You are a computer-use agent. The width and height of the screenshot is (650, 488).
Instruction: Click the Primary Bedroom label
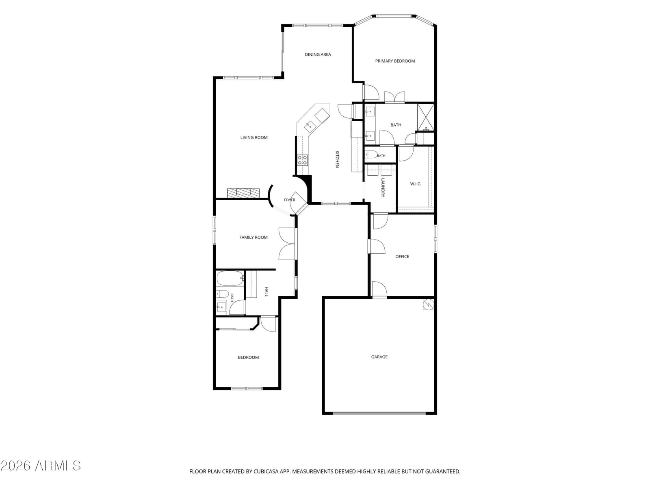pos(395,61)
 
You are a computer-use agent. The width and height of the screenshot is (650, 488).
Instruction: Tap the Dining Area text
pos(318,54)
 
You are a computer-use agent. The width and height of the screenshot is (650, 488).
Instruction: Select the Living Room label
pos(254,137)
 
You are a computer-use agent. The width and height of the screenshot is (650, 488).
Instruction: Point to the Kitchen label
pos(337,159)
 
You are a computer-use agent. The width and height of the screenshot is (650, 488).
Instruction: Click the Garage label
pos(379,357)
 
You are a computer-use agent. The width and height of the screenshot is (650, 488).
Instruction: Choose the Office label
pos(402,257)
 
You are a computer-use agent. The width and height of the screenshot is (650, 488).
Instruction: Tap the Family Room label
pos(253,237)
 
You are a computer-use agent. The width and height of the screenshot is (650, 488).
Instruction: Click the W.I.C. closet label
pos(416,184)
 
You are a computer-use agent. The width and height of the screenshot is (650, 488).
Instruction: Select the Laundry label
pos(383,187)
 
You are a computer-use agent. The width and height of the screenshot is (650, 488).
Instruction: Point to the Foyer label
pos(289,200)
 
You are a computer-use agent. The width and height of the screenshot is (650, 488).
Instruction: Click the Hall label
pos(266,292)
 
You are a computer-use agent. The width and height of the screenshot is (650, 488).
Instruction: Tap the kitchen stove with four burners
pos(303,160)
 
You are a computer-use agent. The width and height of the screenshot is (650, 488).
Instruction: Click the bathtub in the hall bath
pos(230,278)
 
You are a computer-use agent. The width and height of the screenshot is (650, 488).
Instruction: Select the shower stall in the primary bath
pos(425,118)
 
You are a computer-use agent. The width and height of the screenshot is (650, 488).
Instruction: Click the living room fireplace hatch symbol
pos(243,193)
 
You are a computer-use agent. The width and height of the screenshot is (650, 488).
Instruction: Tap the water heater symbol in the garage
pos(428,305)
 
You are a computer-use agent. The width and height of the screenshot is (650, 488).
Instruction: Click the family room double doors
pos(287,244)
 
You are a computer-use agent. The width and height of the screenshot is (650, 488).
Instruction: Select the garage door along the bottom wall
pos(379,413)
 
